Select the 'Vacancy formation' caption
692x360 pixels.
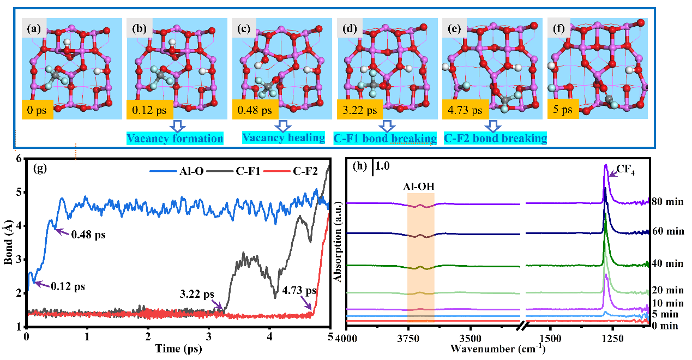175,139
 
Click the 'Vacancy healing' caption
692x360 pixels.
283,138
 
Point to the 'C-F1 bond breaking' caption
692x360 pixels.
385,139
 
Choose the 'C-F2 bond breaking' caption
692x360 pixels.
496,139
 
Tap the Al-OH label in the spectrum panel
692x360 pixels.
420,185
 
